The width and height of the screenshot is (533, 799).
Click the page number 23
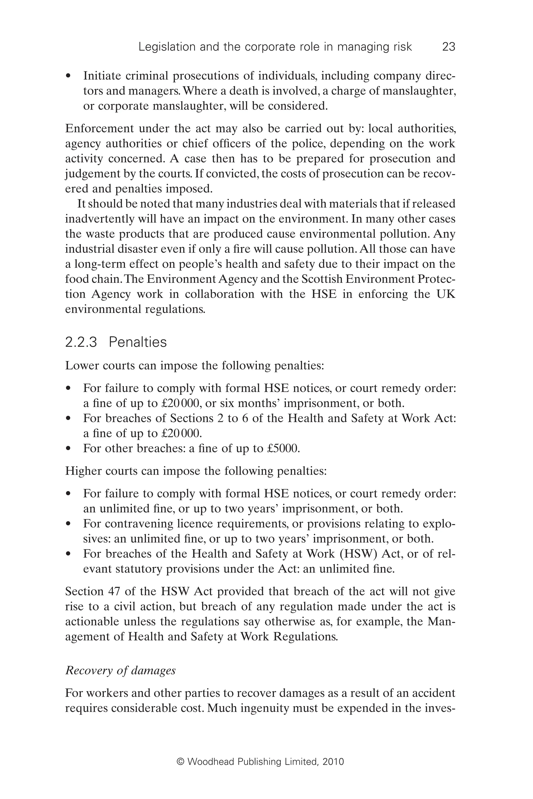pos(448,47)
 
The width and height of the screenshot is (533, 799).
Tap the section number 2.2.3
pos(81,342)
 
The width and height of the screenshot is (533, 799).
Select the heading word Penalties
pos(138,342)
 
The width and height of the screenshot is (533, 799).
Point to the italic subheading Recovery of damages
pos(120,670)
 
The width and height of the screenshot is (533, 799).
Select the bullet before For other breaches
pos(69,449)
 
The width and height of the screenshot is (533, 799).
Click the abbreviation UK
pos(445,294)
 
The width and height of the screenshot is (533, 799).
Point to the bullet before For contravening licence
pos(69,524)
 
